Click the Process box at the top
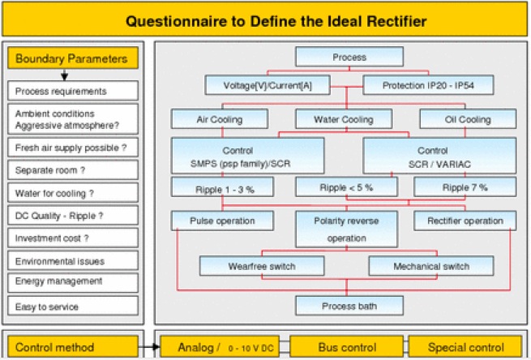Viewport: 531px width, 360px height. (349, 57)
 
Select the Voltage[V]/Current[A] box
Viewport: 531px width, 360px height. (268, 85)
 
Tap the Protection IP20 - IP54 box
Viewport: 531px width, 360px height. (428, 85)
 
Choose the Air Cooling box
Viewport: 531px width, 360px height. (220, 119)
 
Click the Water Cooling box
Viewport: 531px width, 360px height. (344, 119)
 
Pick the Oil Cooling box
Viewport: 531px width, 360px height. (468, 119)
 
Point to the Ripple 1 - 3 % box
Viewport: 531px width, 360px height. (222, 187)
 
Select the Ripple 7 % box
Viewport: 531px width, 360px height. (465, 187)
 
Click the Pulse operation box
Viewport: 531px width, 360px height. (222, 221)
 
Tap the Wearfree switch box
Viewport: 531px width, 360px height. (262, 266)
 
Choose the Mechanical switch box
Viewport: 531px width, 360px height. (431, 266)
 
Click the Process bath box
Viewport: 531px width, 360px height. (349, 306)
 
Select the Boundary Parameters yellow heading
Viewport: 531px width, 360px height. (73, 58)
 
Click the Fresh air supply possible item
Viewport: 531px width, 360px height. (73, 148)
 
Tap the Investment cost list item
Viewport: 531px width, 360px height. (73, 238)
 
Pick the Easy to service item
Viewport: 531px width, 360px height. (73, 306)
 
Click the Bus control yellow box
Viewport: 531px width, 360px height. (347, 347)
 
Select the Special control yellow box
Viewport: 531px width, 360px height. (465, 347)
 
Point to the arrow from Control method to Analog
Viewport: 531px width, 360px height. (149, 347)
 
